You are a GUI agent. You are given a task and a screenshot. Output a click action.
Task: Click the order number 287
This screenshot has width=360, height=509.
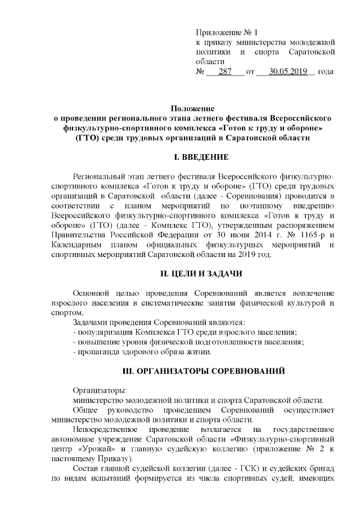coord(225,71)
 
